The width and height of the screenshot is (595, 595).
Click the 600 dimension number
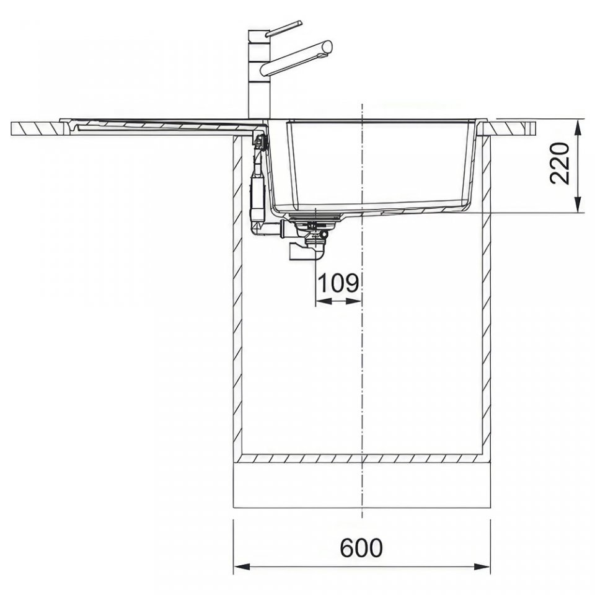coord(361,548)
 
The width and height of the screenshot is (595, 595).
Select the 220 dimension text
coord(560,164)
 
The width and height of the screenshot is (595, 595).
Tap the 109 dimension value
coord(338,283)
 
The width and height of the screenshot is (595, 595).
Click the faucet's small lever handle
coord(284,29)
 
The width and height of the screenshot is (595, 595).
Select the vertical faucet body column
coord(259,75)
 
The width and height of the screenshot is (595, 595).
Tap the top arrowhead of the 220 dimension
coord(578,129)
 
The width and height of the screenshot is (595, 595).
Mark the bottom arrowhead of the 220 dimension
coord(578,204)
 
